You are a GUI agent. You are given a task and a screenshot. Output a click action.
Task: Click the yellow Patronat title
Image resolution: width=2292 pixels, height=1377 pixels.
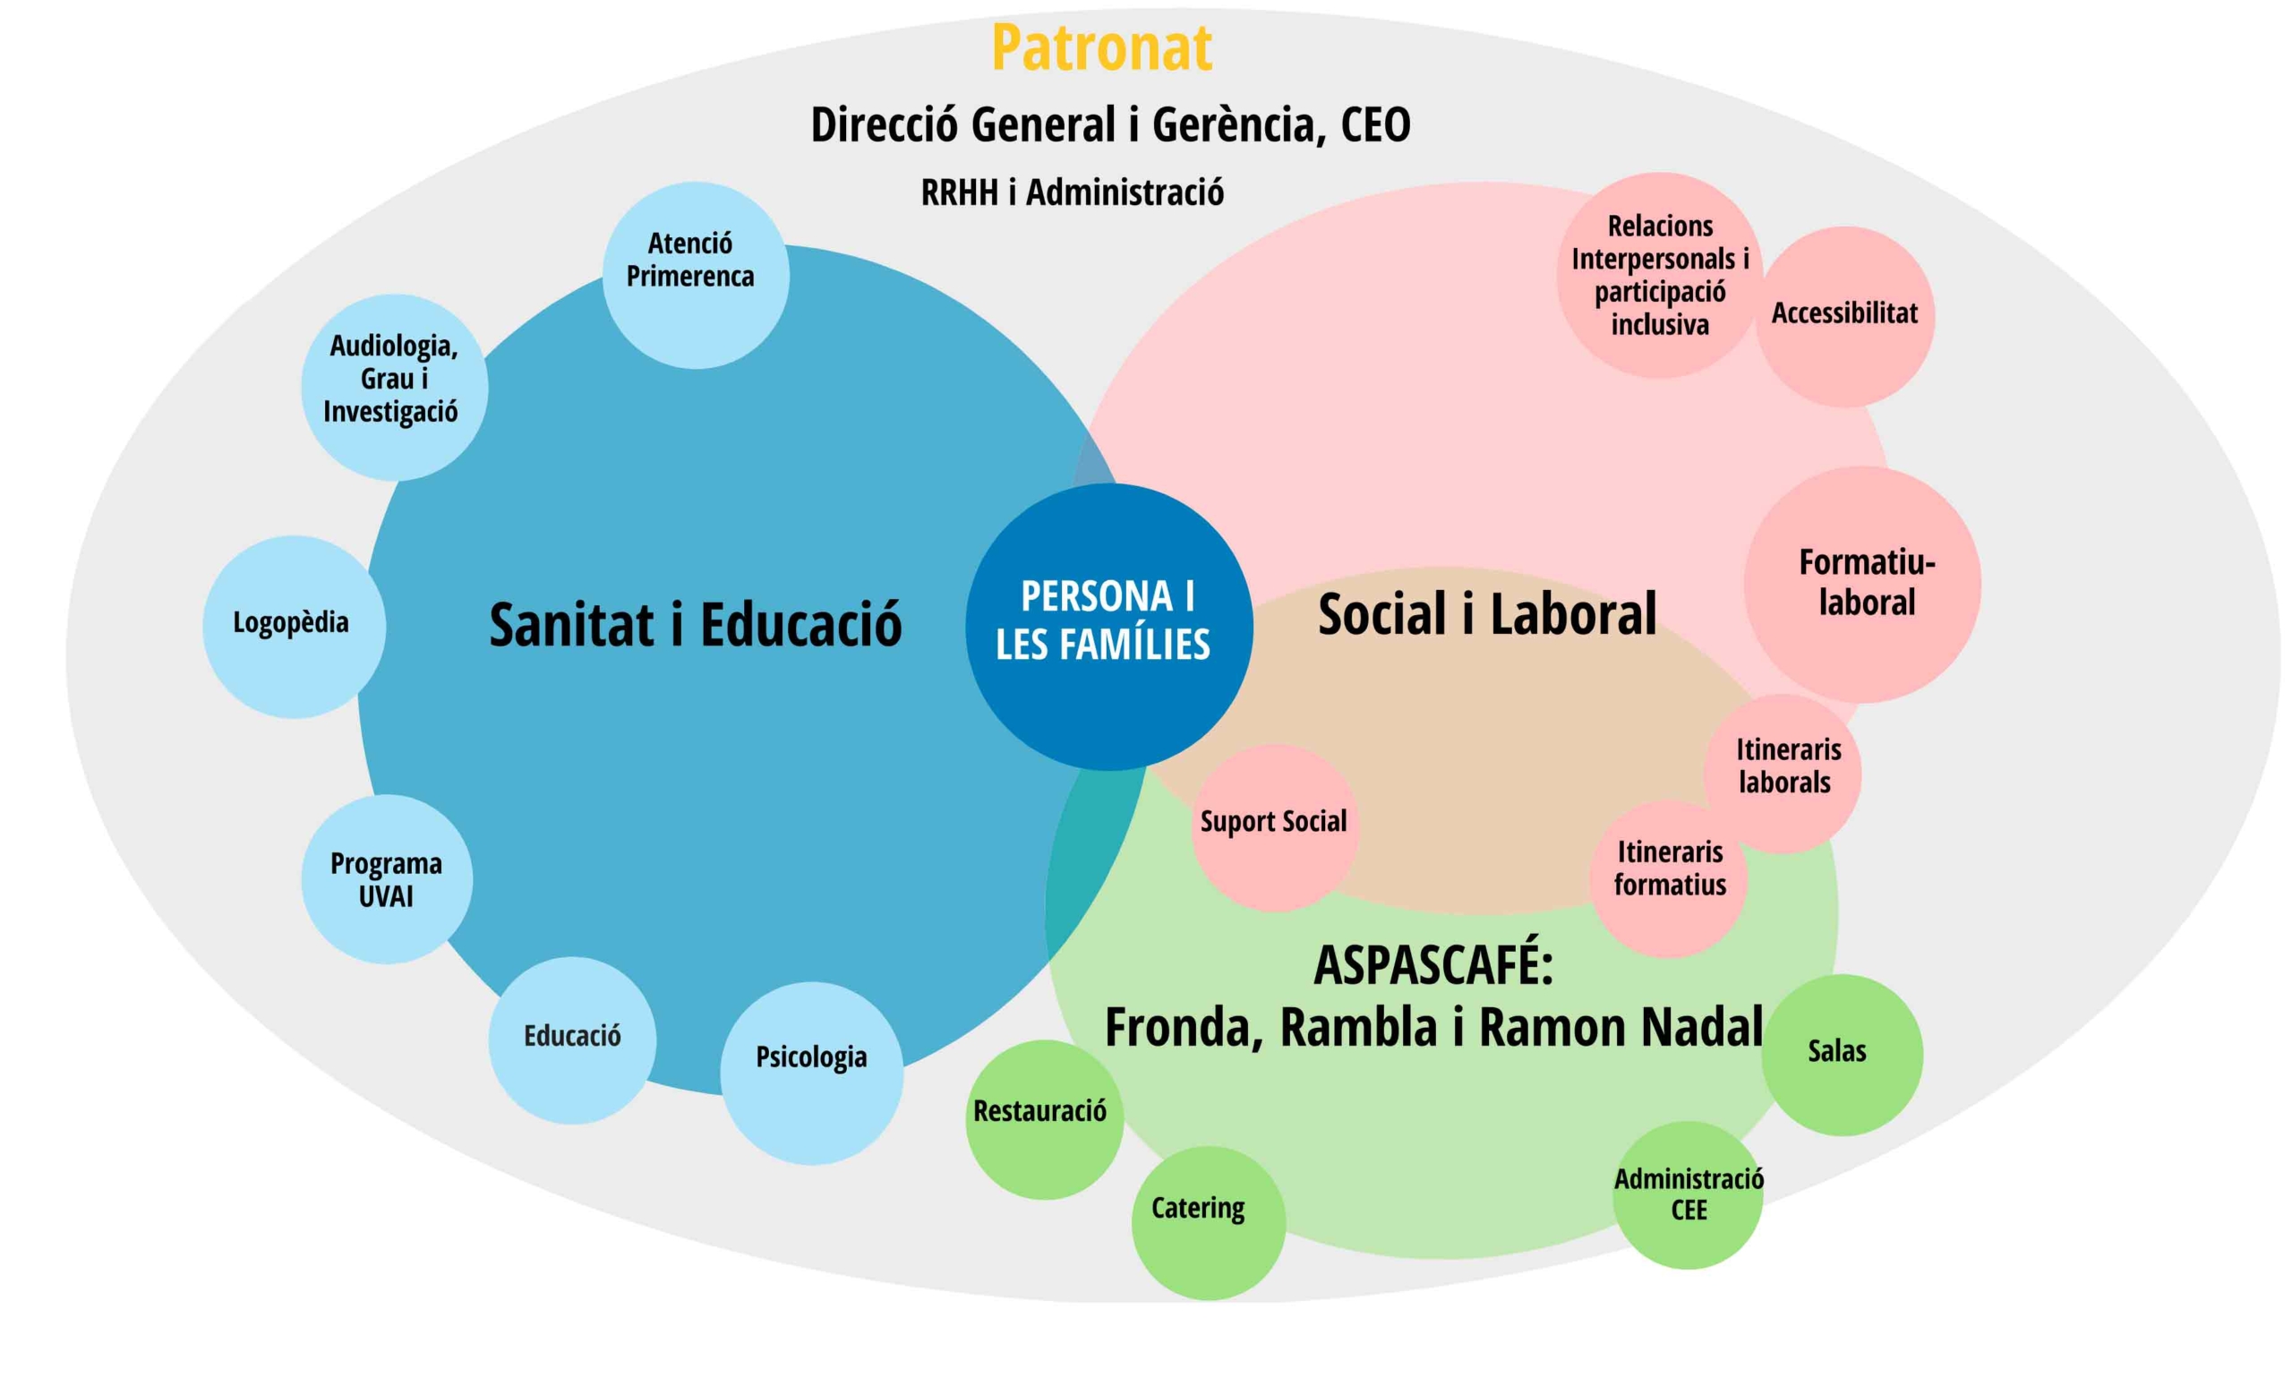pos(1101,48)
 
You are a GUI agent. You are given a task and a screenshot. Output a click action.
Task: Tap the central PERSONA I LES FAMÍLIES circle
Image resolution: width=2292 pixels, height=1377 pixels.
pos(1108,627)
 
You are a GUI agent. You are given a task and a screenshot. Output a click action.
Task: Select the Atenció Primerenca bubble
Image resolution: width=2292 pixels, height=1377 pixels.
pos(695,275)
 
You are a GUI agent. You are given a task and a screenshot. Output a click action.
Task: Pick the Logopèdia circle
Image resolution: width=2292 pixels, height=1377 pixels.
pos(295,627)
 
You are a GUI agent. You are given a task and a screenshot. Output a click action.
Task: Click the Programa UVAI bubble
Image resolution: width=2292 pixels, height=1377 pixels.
pos(387,878)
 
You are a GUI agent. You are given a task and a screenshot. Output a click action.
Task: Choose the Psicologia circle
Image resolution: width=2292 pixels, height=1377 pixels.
pos(812,1073)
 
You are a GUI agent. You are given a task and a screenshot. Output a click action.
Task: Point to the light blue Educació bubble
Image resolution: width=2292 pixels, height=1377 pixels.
pos(572,1040)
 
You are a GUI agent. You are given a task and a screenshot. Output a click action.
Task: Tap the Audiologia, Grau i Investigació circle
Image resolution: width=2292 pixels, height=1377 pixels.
pos(394,387)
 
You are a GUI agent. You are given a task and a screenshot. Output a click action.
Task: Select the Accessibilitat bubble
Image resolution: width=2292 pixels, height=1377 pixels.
pos(1844,316)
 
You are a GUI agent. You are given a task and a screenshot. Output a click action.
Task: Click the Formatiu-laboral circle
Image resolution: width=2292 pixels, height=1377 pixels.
pos(1862,585)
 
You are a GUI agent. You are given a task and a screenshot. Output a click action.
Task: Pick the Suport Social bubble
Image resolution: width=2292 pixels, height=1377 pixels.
pos(1275,827)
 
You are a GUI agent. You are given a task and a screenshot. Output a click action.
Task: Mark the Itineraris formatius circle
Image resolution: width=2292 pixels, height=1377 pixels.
pos(1670,878)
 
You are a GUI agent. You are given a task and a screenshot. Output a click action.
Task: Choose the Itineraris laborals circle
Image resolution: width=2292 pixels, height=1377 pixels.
pos(1783,773)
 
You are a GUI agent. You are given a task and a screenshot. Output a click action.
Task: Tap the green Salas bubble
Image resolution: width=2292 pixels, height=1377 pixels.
pos(1842,1055)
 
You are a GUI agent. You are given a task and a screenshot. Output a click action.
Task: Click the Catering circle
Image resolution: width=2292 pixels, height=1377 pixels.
pos(1208,1223)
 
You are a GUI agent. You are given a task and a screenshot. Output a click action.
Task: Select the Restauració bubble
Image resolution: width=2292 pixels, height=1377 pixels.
pos(1044,1119)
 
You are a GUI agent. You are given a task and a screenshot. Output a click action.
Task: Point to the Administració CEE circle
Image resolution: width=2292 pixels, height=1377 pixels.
pos(1688,1195)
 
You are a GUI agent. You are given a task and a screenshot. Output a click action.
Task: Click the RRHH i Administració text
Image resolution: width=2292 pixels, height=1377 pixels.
pos(1072,193)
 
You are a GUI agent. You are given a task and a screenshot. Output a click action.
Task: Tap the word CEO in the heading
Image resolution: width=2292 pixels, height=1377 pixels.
pos(1375,124)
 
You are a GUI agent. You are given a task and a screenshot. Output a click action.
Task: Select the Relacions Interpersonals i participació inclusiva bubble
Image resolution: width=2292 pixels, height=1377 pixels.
pos(1659,275)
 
